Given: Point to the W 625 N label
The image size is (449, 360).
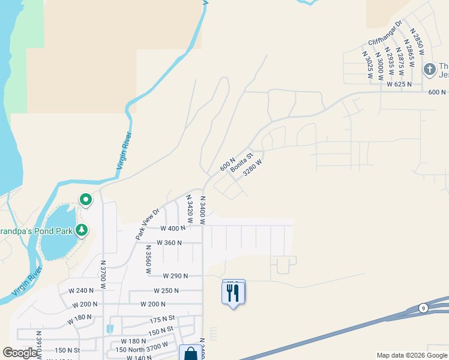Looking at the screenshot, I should coord(399,85).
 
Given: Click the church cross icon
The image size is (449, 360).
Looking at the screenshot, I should coord(430,70).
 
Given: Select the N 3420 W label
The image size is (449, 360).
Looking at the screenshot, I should coord(190,209).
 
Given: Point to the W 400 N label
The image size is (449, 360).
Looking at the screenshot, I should coord(173,229).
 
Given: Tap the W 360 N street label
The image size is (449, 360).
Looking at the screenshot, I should coord(169,243).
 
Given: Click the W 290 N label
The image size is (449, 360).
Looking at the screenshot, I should coord(175,276).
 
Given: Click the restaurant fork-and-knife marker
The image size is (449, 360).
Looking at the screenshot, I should coord(234,293).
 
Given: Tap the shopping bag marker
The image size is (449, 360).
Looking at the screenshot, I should coord(191,353).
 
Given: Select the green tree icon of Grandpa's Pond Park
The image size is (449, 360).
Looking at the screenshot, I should coord(81,230).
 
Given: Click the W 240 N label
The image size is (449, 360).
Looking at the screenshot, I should coord(81,290).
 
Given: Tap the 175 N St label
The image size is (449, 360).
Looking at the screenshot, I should coord(163,318).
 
